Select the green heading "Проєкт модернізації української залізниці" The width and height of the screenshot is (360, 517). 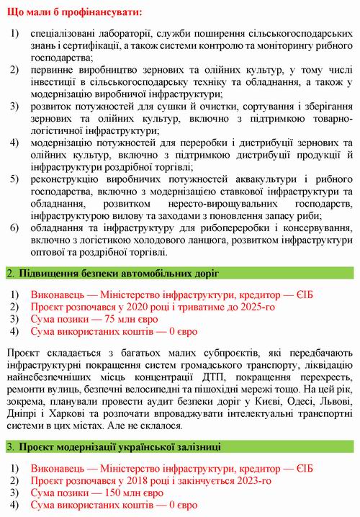[x=119, y=446]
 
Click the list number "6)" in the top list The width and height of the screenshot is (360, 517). [x=14, y=228]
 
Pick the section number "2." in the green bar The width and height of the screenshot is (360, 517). [x=10, y=274]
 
